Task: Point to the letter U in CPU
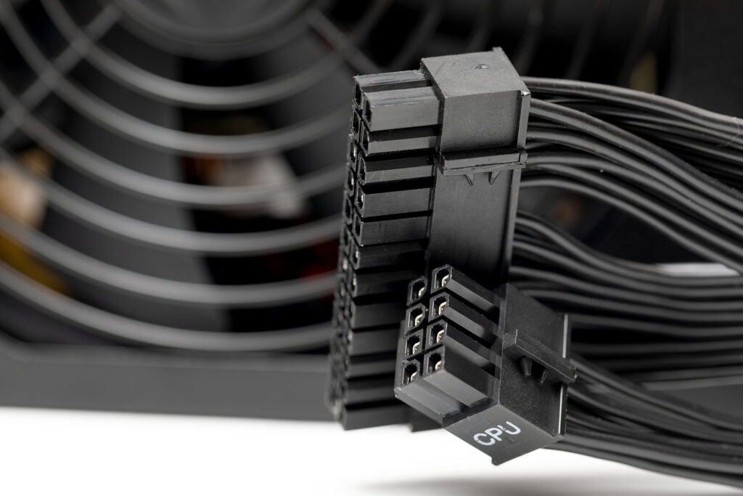(513, 428)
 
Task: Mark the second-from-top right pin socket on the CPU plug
(438, 304)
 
